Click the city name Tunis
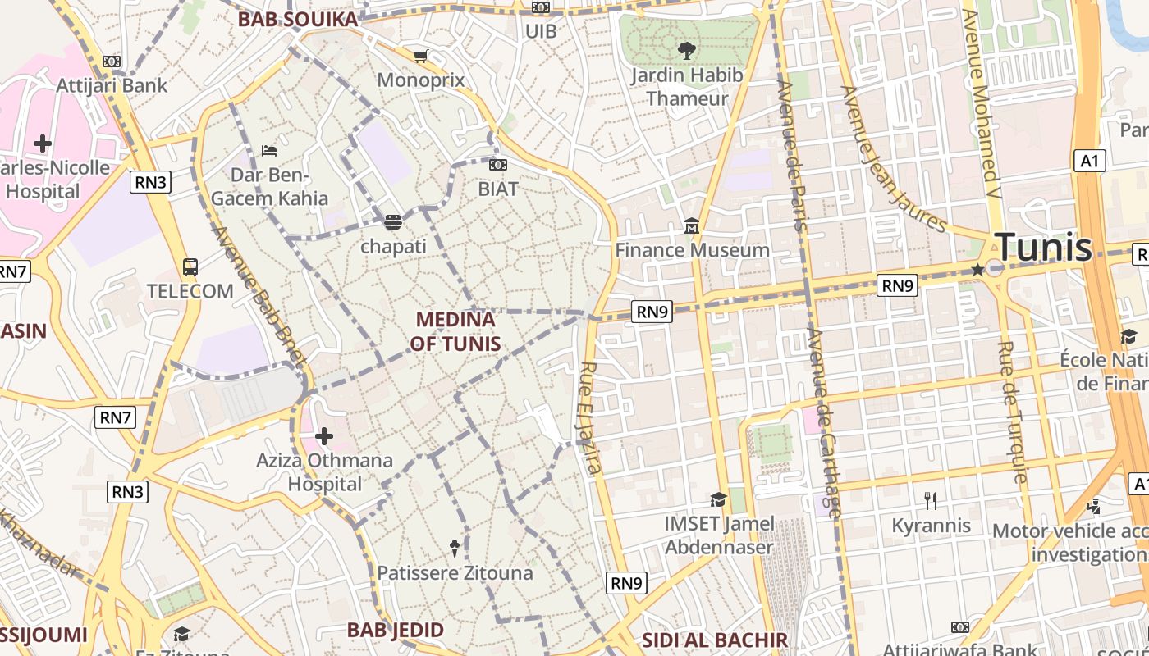pos(1043,247)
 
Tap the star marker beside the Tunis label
pos(977,270)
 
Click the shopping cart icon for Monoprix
pos(420,57)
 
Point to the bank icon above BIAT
pos(498,165)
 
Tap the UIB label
pos(541,31)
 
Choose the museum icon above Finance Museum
pos(692,225)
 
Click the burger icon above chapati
pos(393,222)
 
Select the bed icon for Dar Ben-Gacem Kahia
pos(268,150)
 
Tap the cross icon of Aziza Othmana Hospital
pos(324,436)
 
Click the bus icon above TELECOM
pos(190,266)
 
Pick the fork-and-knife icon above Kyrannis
pos(931,500)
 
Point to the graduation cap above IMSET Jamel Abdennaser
pos(719,499)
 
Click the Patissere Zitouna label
pos(455,573)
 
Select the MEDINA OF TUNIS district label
pos(455,331)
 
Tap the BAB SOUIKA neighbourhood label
pos(298,20)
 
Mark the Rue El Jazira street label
pos(591,418)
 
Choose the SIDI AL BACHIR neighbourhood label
pos(715,640)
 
